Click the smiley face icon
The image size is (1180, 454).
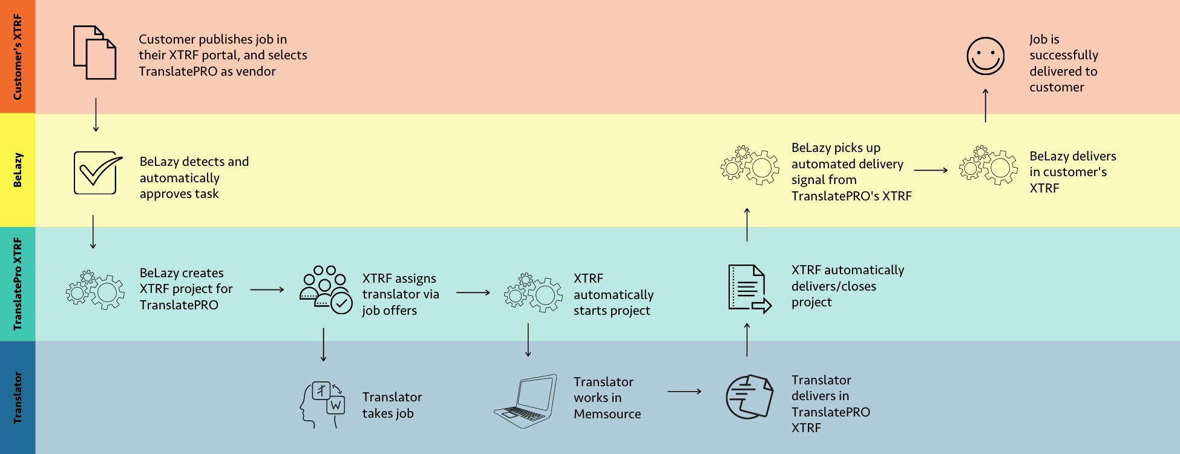pyautogui.click(x=985, y=56)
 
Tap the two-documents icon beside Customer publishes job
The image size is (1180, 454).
pyautogui.click(x=94, y=53)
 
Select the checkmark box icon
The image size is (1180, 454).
pyautogui.click(x=97, y=173)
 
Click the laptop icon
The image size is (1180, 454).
pyautogui.click(x=525, y=401)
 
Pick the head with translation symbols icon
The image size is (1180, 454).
pyautogui.click(x=323, y=404)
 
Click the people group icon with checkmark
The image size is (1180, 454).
pyautogui.click(x=326, y=289)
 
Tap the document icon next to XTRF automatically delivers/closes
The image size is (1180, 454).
pyautogui.click(x=749, y=289)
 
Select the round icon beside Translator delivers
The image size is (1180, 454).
pyautogui.click(x=749, y=397)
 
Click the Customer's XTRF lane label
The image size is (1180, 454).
pyautogui.click(x=18, y=57)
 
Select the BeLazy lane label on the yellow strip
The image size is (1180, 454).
pyautogui.click(x=18, y=170)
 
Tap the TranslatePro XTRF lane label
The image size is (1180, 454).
pyautogui.click(x=18, y=284)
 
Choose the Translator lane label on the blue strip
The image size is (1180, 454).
pyautogui.click(x=18, y=397)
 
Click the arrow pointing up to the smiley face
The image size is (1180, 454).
pyautogui.click(x=985, y=105)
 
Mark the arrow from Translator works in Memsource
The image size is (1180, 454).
pyautogui.click(x=684, y=392)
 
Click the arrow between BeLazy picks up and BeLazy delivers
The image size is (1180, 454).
pyautogui.click(x=931, y=171)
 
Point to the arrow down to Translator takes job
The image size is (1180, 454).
pyautogui.click(x=324, y=344)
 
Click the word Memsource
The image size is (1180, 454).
pyautogui.click(x=607, y=414)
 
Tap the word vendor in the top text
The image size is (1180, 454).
pyautogui.click(x=256, y=71)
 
